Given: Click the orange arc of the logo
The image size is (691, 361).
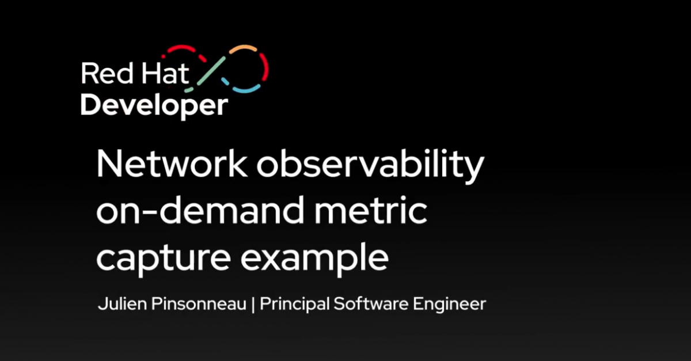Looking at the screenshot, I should click(238, 50).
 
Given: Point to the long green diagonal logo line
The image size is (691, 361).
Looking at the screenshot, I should click(210, 74).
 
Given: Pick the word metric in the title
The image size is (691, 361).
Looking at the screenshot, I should click(376, 213).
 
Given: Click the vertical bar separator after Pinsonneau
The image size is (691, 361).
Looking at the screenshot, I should click(253, 304).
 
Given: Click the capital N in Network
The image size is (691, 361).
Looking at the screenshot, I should click(109, 166).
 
